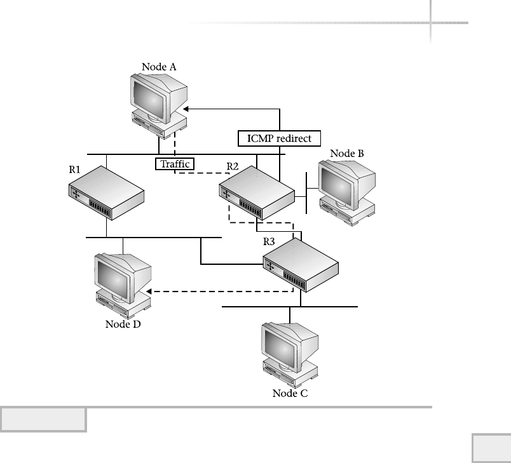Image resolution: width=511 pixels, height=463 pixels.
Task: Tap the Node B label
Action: [347, 154]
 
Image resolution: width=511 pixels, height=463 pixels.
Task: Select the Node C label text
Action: [290, 393]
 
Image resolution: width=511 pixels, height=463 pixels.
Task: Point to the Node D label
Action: [123, 325]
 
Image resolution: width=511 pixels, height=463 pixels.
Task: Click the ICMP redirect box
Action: [279, 137]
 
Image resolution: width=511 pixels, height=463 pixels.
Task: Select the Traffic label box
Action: [174, 164]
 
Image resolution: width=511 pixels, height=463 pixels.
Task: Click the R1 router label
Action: [75, 170]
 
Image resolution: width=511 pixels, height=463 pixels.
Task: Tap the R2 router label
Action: [233, 166]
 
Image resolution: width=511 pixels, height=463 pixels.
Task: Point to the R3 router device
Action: [301, 266]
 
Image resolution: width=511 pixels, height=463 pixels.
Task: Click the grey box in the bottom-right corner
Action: [491, 448]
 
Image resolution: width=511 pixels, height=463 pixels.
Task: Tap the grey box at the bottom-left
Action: [43, 420]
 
